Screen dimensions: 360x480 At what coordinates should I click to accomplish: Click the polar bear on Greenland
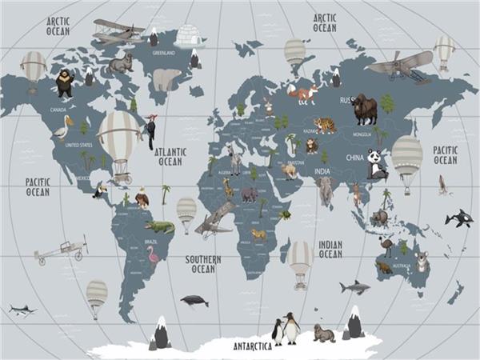[x=167, y=78]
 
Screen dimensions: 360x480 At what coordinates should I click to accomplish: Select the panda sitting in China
[x=376, y=164]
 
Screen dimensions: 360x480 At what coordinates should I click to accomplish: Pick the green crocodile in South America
[x=160, y=226]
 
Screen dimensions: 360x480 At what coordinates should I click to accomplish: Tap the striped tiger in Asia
[x=325, y=125]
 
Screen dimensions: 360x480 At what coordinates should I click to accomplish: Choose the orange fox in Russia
[x=303, y=95]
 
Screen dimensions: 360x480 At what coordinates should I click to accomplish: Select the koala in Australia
[x=422, y=261]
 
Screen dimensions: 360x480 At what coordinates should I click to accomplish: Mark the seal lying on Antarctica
[x=324, y=334]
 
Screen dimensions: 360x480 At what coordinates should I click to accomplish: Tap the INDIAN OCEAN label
[x=330, y=249]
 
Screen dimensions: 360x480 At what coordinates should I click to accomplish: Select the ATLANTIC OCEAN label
[x=170, y=155]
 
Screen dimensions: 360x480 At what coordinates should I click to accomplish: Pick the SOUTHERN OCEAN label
[x=203, y=264]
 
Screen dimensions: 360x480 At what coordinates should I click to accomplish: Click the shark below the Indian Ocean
[x=354, y=286]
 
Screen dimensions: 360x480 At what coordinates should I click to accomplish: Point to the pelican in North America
[x=63, y=127]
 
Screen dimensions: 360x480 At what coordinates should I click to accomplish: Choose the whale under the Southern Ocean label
[x=194, y=301]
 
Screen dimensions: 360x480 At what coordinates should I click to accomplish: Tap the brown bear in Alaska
[x=64, y=82]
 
